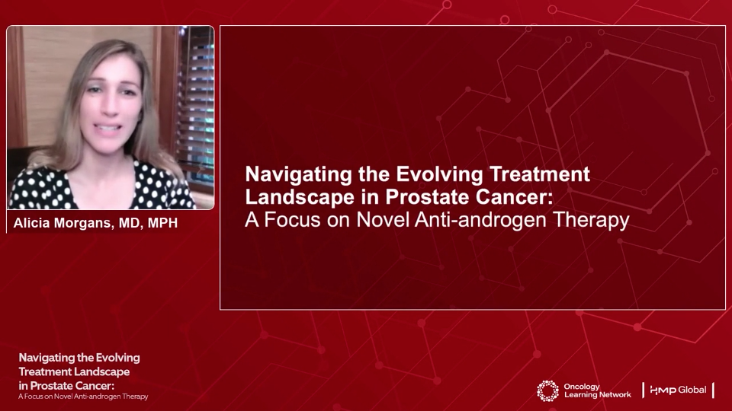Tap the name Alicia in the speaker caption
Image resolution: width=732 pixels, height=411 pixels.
31,223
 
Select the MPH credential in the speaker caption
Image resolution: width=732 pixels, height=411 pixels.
162,223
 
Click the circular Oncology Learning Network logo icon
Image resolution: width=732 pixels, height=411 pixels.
547,391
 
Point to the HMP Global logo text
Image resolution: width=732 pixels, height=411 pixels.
678,390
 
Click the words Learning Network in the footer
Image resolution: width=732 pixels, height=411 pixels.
598,395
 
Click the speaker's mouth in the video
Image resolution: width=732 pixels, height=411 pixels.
108,127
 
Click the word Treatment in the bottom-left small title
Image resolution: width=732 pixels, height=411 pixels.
45,372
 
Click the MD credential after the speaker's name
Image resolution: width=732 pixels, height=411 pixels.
130,223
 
